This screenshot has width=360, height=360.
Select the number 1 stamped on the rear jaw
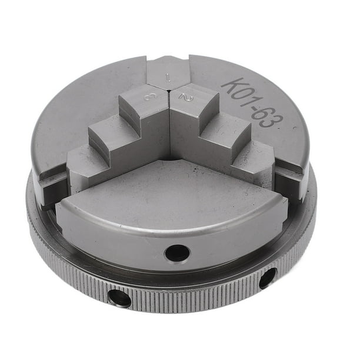pyautogui.click(x=169, y=76)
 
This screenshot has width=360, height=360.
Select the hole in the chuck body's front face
pyautogui.click(x=177, y=253)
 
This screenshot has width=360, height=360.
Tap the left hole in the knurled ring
pyautogui.click(x=119, y=298)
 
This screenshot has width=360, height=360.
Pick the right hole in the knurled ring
pyautogui.click(x=267, y=278)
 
